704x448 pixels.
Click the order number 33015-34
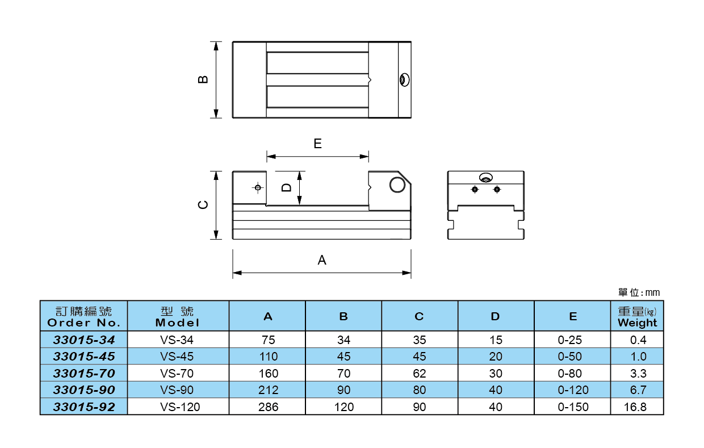[83, 340]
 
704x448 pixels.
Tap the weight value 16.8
[638, 407]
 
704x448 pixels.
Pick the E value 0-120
[573, 390]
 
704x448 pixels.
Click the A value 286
[268, 407]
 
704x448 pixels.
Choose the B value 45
[343, 357]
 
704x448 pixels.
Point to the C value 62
[420, 374]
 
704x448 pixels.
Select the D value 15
[496, 340]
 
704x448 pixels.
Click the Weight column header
[637, 317]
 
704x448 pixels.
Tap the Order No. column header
[83, 317]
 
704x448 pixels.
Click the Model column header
[177, 317]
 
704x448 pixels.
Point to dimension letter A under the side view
[322, 260]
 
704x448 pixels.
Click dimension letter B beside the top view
[203, 79]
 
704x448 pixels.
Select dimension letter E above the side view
[317, 144]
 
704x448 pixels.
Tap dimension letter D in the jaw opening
[287, 187]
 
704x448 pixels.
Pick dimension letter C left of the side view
[203, 205]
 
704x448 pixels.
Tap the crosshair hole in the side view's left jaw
[258, 187]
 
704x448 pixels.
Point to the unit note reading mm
[639, 292]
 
